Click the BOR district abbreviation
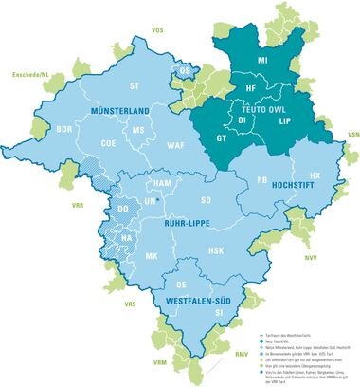(65, 128)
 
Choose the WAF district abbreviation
(175, 145)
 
